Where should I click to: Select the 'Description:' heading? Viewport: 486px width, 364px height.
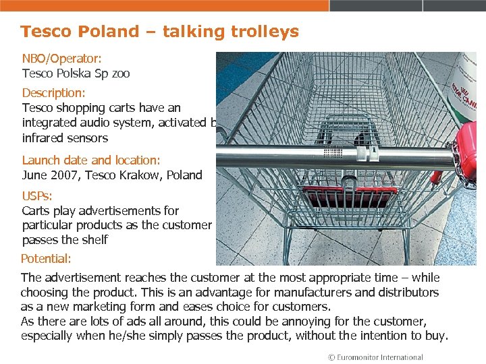pos(53,93)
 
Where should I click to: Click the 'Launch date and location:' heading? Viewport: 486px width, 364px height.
pos(91,160)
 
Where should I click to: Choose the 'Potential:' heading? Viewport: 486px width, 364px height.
pos(46,259)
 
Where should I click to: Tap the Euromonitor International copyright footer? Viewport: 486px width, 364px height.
pos(375,357)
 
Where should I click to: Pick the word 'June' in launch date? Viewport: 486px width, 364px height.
pos(34,175)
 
